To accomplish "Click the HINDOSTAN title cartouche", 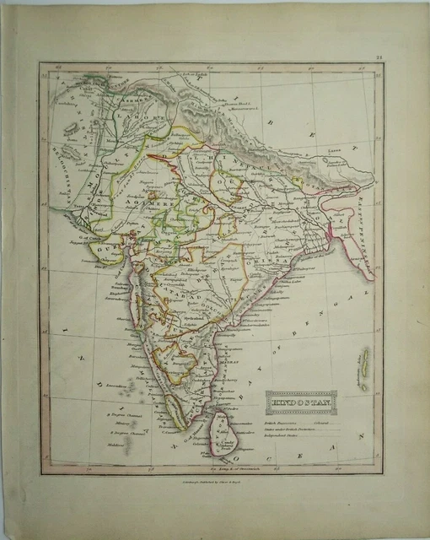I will [301, 402].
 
